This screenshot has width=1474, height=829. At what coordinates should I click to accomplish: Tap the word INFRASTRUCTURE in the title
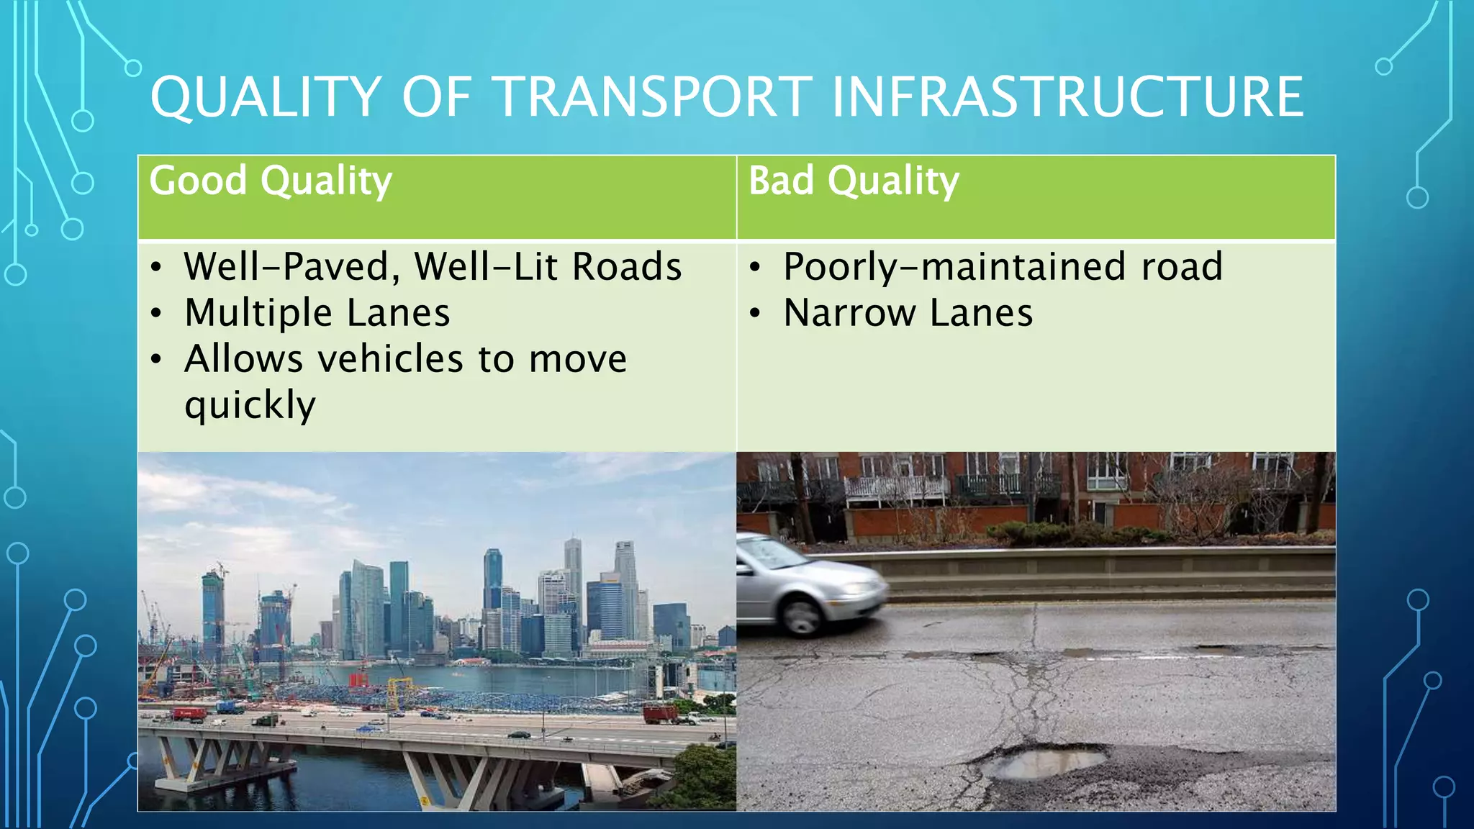[x=1067, y=97]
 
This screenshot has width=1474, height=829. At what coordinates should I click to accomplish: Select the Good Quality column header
[x=271, y=181]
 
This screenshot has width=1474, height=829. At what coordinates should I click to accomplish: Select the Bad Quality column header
[x=854, y=181]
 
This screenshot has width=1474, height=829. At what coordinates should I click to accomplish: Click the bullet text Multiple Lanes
[x=317, y=313]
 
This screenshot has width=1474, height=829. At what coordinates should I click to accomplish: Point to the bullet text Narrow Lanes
[x=908, y=313]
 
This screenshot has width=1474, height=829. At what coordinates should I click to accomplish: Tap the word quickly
[x=250, y=405]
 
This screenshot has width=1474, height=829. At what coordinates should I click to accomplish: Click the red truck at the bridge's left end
[x=188, y=713]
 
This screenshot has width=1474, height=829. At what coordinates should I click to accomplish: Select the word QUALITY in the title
[x=266, y=97]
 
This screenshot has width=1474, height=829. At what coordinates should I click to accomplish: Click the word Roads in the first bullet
[x=627, y=267]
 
